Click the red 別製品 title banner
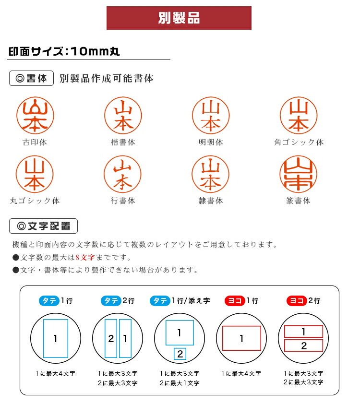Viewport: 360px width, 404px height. pyautogui.click(x=179, y=18)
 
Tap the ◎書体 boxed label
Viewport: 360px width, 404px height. pyautogui.click(x=31, y=78)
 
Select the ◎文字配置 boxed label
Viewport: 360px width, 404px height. pyautogui.click(x=43, y=226)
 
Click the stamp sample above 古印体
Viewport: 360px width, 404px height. pyautogui.click(x=35, y=116)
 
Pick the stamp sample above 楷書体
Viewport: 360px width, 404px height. pyautogui.click(x=123, y=116)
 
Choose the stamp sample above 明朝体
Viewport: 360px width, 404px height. pyautogui.click(x=211, y=116)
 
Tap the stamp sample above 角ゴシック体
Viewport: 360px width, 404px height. pyautogui.click(x=299, y=116)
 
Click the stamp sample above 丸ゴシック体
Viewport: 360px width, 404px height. pyautogui.click(x=35, y=174)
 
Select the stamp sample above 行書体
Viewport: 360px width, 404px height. pyautogui.click(x=123, y=174)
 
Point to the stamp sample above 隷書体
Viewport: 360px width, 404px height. pyautogui.click(x=211, y=174)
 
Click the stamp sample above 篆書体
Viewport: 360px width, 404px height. pyautogui.click(x=299, y=174)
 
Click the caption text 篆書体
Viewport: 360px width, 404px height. pyautogui.click(x=299, y=201)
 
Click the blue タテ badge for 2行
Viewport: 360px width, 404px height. pyautogui.click(x=111, y=301)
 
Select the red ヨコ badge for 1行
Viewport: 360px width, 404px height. pyautogui.click(x=234, y=301)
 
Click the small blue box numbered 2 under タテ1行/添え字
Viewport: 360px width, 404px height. pyautogui.click(x=180, y=354)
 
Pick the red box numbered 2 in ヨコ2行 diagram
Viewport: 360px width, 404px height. pyautogui.click(x=303, y=345)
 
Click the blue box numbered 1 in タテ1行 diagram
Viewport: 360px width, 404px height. pyautogui.click(x=56, y=339)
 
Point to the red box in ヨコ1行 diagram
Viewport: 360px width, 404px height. pyautogui.click(x=241, y=339)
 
